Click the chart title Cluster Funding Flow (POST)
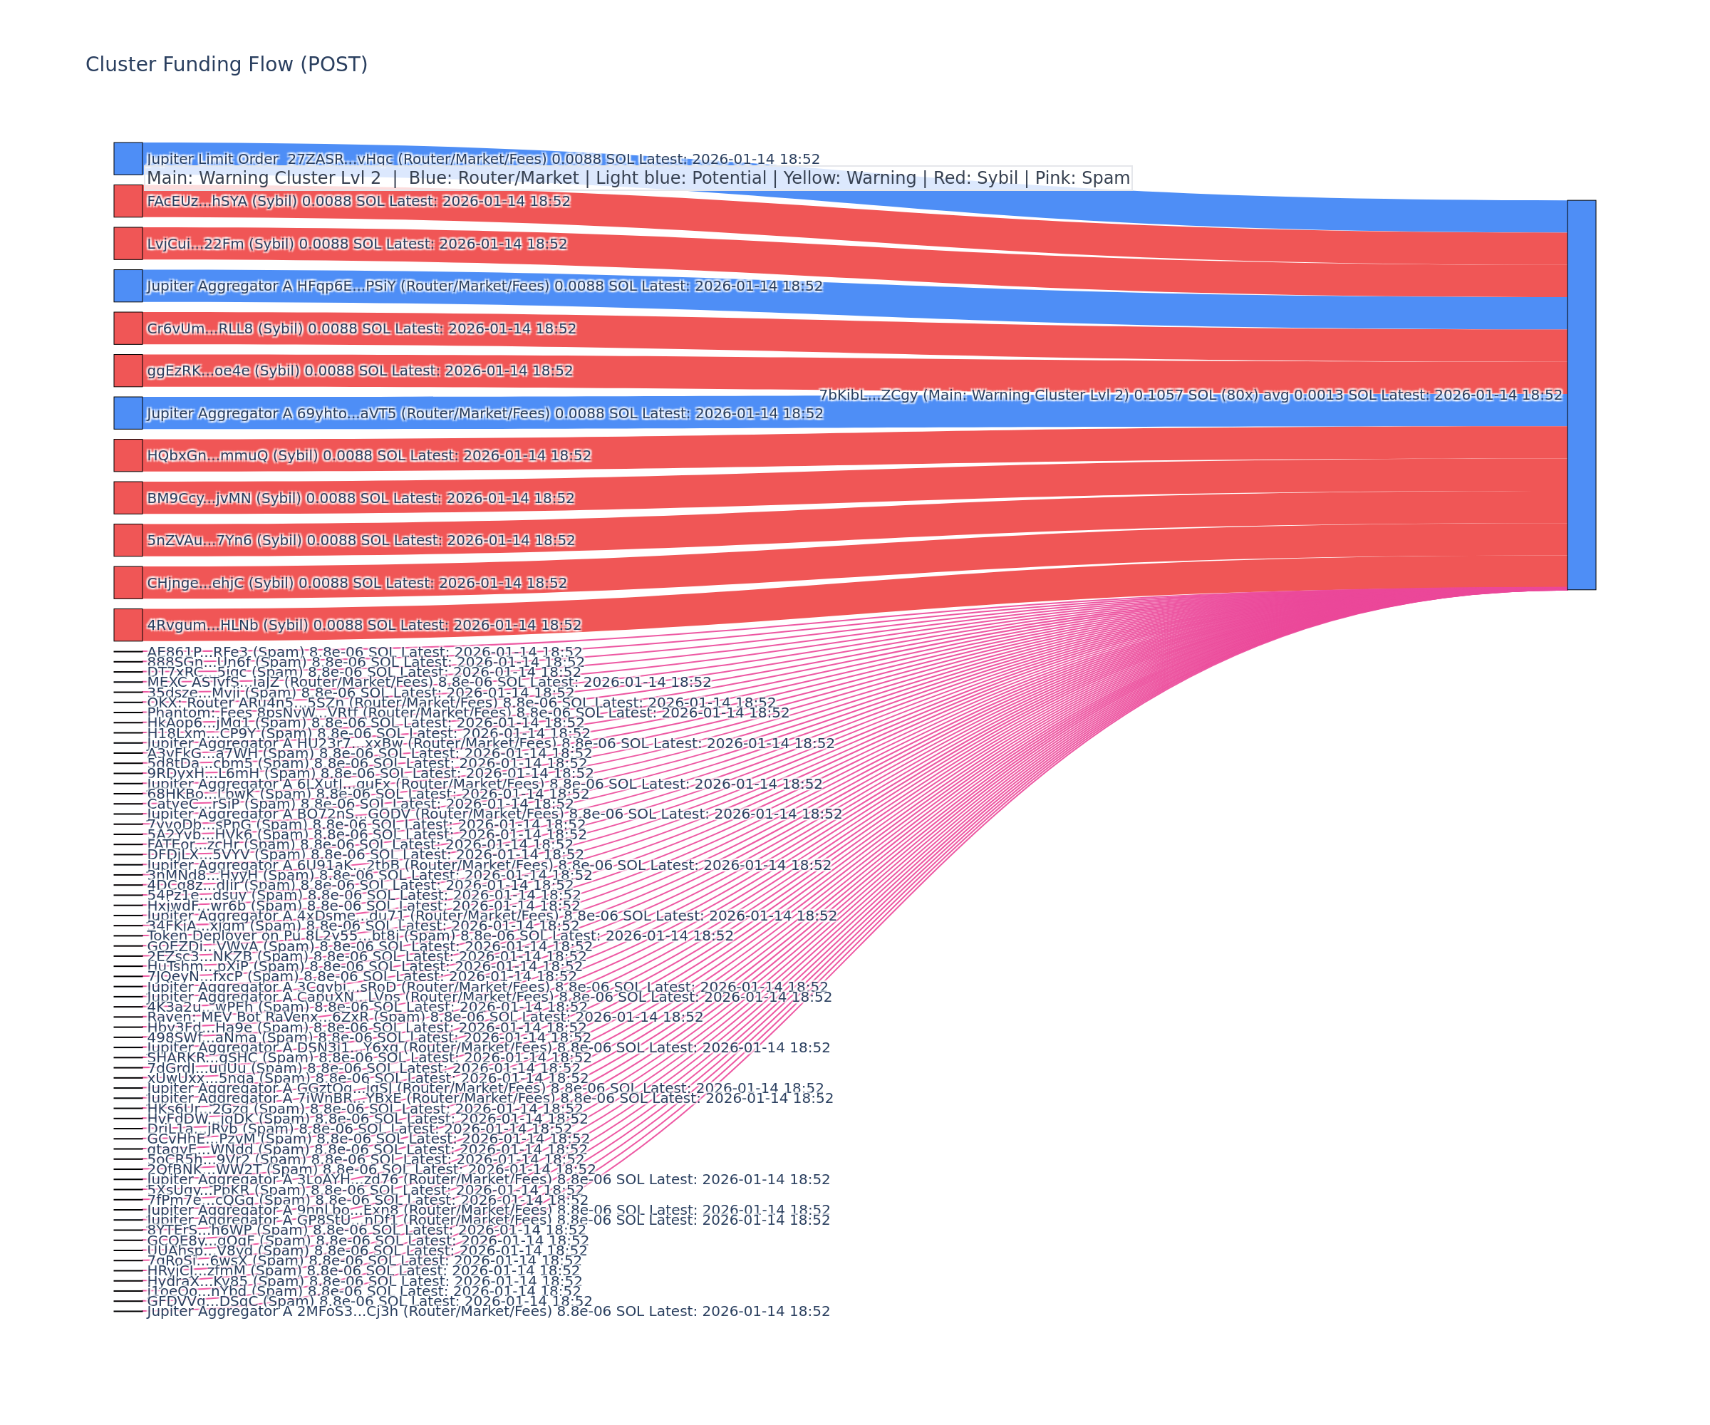(x=227, y=64)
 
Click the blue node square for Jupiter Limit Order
(x=128, y=159)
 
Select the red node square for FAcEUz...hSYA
(x=128, y=201)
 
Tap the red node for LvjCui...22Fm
(x=128, y=244)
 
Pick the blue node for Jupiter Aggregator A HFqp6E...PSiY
(x=128, y=286)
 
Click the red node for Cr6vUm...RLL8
(x=128, y=328)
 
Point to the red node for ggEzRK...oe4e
(x=128, y=370)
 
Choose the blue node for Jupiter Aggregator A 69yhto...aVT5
(x=128, y=413)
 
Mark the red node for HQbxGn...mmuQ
(x=128, y=455)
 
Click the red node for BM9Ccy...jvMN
(x=128, y=497)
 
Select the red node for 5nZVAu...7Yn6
(x=128, y=540)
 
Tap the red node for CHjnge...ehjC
(x=128, y=582)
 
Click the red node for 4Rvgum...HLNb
(x=128, y=625)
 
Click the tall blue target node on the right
(x=1581, y=395)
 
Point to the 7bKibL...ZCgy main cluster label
(x=1191, y=395)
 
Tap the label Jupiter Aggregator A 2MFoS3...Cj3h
(x=489, y=1311)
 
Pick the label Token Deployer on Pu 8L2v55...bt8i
(x=440, y=936)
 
